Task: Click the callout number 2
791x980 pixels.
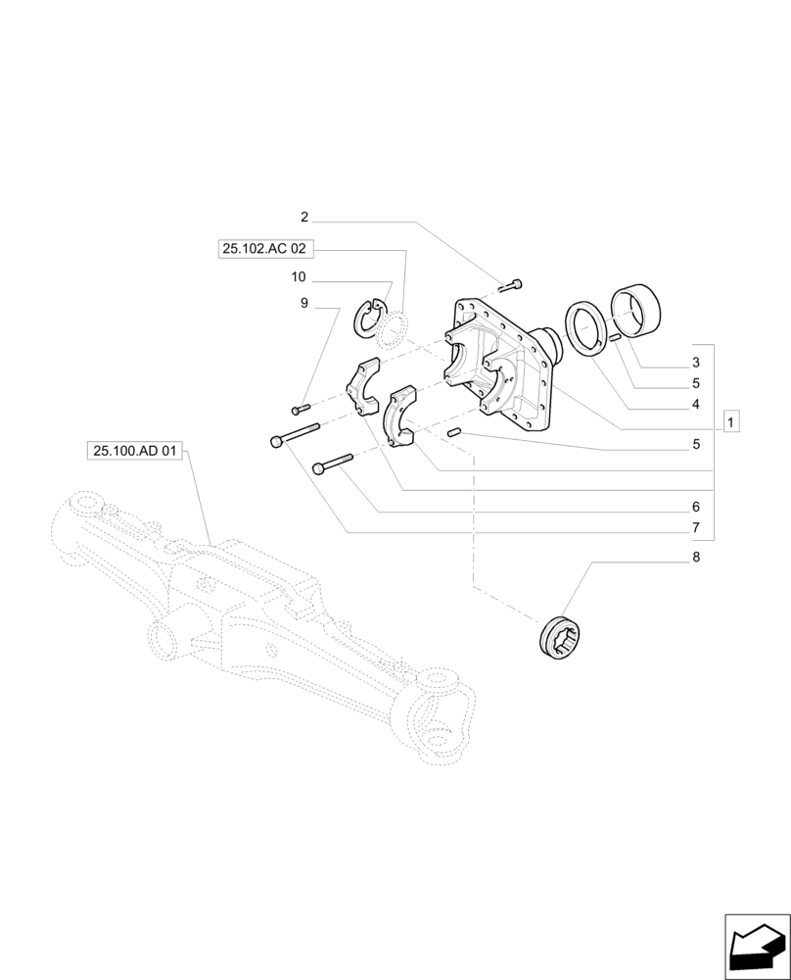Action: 304,217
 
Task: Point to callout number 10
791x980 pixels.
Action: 299,277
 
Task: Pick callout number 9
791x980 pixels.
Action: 304,304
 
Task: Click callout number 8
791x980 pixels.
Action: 696,557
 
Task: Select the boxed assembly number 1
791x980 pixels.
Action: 730,422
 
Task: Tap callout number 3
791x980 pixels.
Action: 696,363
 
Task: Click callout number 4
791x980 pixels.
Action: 696,404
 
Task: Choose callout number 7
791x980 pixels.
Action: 696,528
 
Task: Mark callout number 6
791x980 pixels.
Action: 696,507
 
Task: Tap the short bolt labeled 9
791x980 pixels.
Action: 301,407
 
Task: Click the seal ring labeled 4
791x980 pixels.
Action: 588,328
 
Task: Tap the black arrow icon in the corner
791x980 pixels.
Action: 757,947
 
